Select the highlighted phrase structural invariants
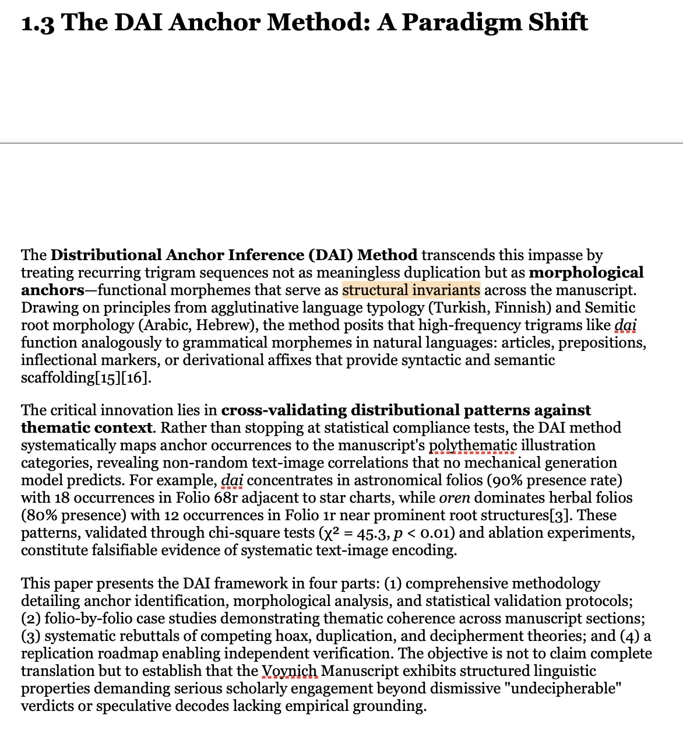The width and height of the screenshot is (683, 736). point(411,290)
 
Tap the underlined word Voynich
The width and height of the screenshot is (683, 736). point(290,671)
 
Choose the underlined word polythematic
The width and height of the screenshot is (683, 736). point(473,445)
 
